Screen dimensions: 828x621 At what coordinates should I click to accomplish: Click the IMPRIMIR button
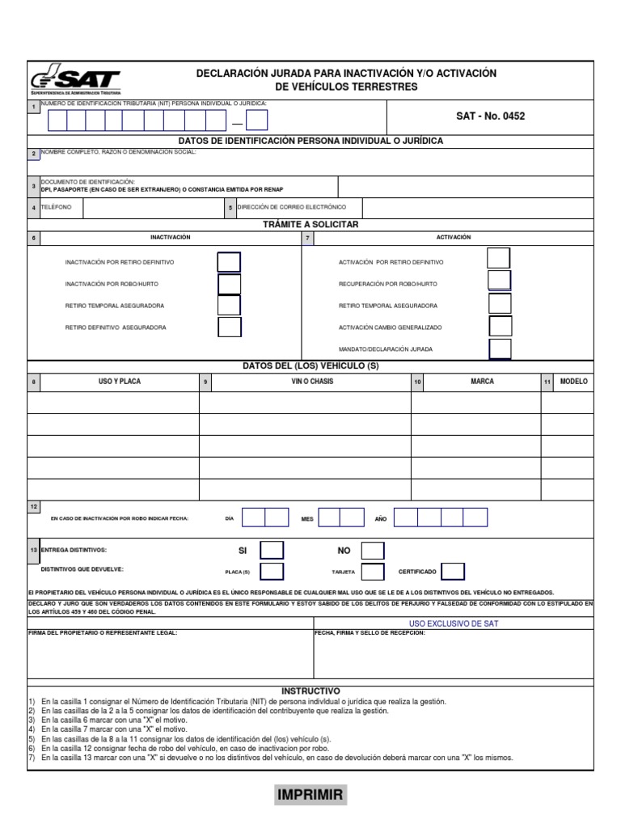pyautogui.click(x=310, y=796)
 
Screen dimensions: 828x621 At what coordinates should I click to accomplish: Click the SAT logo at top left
pyautogui.click(x=75, y=81)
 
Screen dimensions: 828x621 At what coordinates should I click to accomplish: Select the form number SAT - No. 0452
pyautogui.click(x=490, y=116)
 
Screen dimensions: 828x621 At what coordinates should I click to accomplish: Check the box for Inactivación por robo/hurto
pyautogui.click(x=230, y=285)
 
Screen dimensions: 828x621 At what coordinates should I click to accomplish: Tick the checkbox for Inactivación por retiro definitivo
pyautogui.click(x=230, y=263)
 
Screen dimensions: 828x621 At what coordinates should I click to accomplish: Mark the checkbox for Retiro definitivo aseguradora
pyautogui.click(x=230, y=327)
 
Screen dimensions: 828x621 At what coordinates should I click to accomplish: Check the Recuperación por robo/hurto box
pyautogui.click(x=500, y=281)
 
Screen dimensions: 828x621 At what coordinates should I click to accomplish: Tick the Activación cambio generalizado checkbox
pyautogui.click(x=500, y=327)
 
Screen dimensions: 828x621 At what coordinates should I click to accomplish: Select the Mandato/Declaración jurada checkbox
pyautogui.click(x=500, y=349)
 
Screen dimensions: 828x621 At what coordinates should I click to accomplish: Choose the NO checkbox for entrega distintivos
pyautogui.click(x=373, y=551)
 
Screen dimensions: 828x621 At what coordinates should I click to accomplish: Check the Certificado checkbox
pyautogui.click(x=453, y=572)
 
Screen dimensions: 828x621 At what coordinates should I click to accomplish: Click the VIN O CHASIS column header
pyautogui.click(x=312, y=382)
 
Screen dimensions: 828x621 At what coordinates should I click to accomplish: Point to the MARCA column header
pyautogui.click(x=482, y=382)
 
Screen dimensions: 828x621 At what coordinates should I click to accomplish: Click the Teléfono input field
pyautogui.click(x=153, y=208)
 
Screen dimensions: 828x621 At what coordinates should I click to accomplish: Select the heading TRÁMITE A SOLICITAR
pyautogui.click(x=310, y=224)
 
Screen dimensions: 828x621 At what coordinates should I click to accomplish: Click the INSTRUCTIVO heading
pyautogui.click(x=310, y=691)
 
